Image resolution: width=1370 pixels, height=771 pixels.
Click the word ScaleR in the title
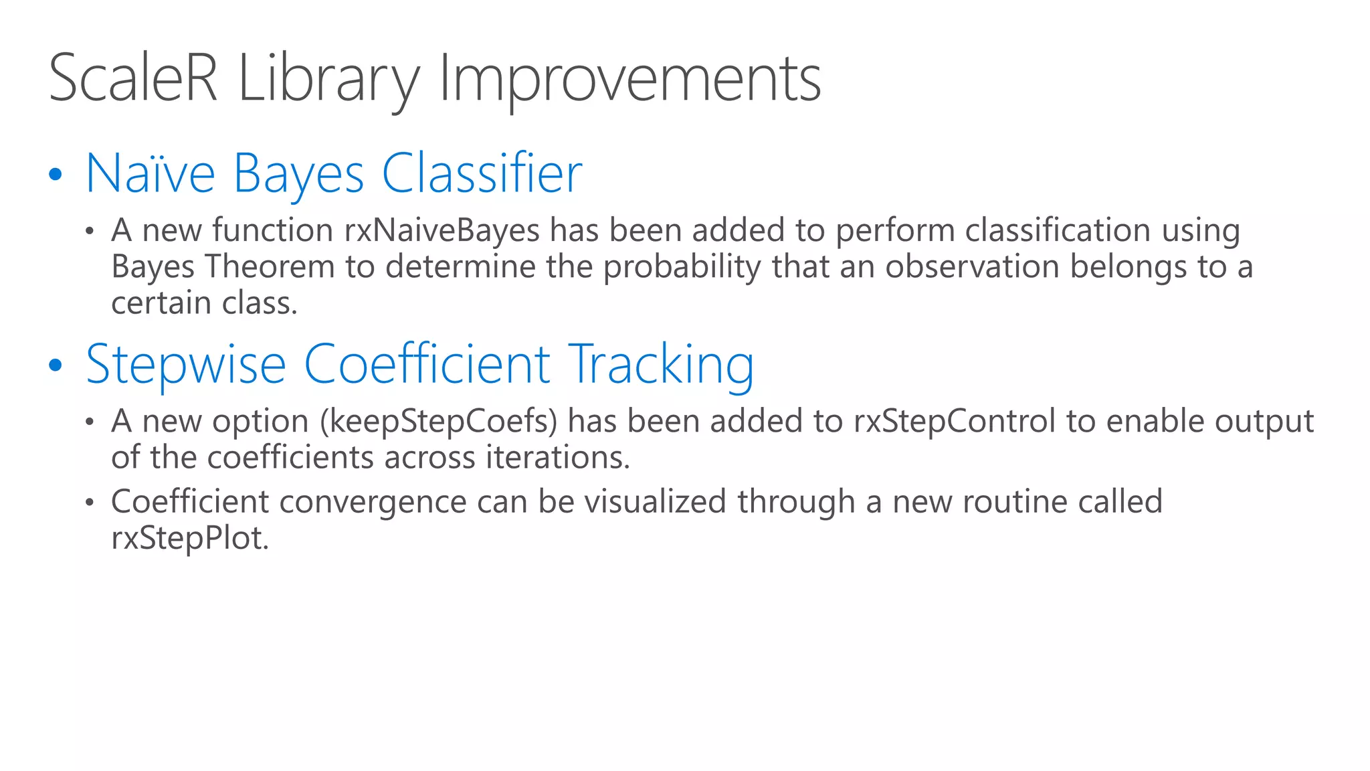point(133,78)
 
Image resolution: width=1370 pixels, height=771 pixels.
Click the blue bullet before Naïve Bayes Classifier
point(56,175)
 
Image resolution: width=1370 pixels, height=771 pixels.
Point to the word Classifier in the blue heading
point(482,173)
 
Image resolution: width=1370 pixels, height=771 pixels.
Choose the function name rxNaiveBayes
point(442,231)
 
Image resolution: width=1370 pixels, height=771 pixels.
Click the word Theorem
point(270,267)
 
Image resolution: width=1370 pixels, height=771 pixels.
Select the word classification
point(1058,231)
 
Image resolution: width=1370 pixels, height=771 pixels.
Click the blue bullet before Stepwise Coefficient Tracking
point(56,365)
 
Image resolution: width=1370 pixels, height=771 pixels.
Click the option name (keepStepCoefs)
point(438,422)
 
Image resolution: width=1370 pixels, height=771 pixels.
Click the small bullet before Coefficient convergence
point(90,503)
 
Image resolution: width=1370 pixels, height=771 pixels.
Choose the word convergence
point(373,503)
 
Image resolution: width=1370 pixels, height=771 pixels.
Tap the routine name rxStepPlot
point(190,539)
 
